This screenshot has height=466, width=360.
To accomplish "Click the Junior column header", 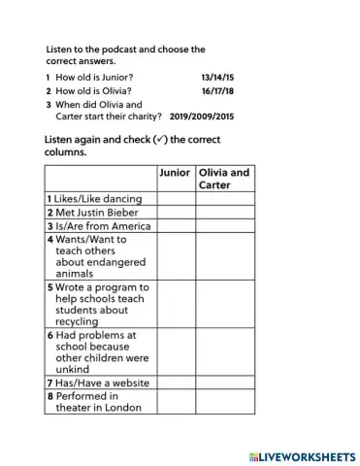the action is coord(175,173).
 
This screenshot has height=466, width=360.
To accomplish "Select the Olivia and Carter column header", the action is coord(224,179).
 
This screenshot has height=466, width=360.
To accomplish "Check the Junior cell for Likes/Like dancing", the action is coord(176,199).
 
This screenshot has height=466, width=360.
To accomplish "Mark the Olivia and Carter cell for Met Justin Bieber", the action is coord(225,213).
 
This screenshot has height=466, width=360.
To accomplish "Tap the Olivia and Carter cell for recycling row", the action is coord(225,304).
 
